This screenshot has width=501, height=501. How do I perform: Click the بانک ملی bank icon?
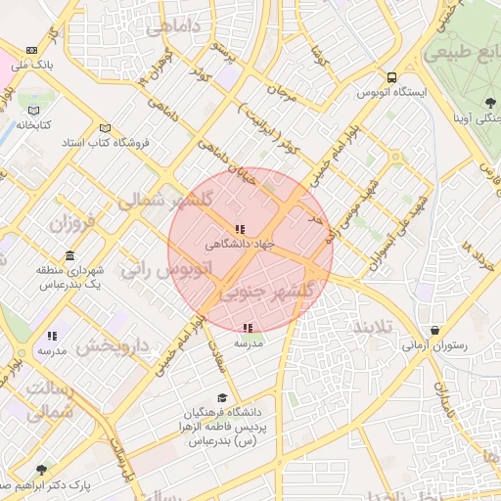(x=32, y=49)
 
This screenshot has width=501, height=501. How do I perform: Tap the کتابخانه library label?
(x=34, y=125)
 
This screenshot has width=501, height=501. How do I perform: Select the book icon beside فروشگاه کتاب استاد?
(x=105, y=127)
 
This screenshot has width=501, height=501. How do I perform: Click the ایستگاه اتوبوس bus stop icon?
(x=391, y=77)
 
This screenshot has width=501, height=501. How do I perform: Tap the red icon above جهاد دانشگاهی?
(x=241, y=228)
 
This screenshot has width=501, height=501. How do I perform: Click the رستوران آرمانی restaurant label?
(x=434, y=345)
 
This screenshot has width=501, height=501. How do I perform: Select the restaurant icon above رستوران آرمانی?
(x=434, y=331)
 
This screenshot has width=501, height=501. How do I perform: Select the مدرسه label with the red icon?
(x=248, y=343)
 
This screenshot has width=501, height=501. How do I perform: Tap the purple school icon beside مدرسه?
(x=51, y=337)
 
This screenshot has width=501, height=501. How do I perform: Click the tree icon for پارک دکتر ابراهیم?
(x=40, y=471)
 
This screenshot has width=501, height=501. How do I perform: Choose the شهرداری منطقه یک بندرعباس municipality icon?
(x=68, y=256)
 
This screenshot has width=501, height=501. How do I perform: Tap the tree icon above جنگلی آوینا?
(x=488, y=103)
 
